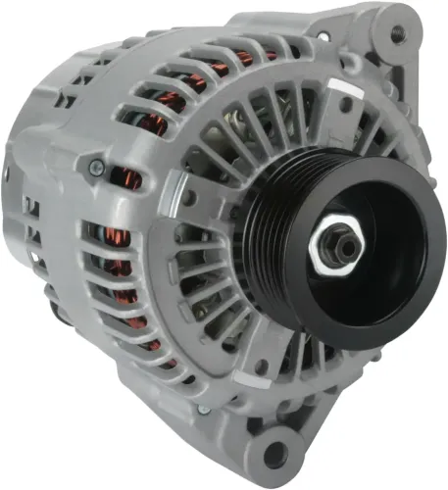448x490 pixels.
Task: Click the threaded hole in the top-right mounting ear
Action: [x=398, y=33]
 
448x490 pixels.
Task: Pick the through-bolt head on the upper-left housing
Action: [x=95, y=168]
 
